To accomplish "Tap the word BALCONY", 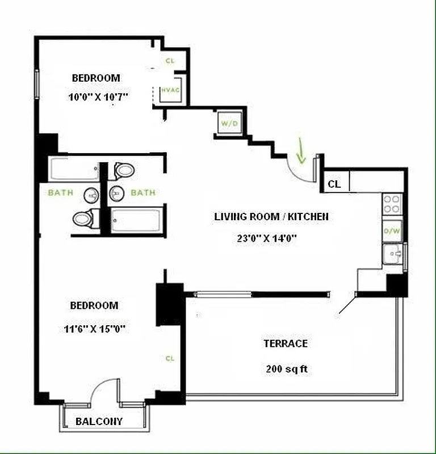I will (99, 422).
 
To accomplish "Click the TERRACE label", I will (286, 343).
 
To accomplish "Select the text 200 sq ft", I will (287, 369).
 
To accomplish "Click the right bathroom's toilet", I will (124, 169).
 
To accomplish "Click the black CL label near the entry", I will (334, 184).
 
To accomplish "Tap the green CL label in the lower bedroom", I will (170, 358).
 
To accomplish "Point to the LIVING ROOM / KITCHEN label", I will (271, 216).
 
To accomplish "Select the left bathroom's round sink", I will (91, 195).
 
